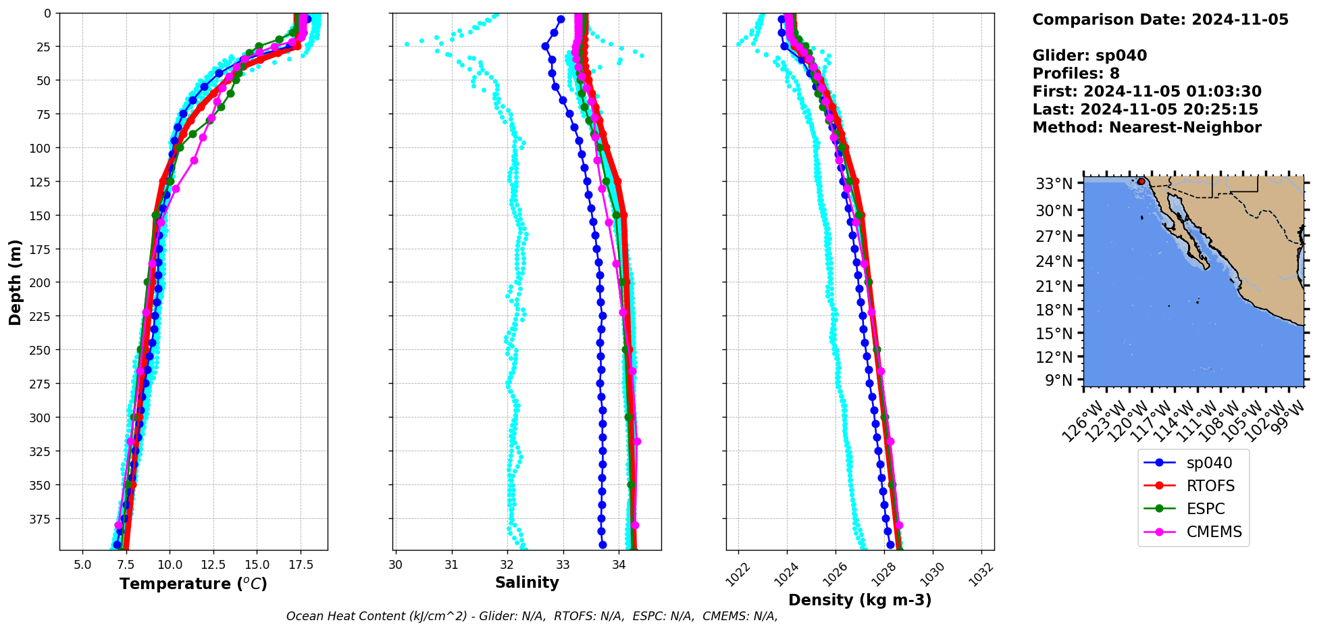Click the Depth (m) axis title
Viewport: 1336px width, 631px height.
(15, 282)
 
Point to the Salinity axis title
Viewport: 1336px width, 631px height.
(527, 582)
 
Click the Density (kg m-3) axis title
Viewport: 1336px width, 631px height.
(860, 600)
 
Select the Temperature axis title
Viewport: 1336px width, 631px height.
(193, 584)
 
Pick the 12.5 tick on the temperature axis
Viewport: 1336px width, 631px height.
(213, 565)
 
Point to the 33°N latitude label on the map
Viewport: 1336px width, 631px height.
(1054, 184)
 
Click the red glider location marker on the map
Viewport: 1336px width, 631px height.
(1141, 181)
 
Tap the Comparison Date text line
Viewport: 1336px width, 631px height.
(1160, 20)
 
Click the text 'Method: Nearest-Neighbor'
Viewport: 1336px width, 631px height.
(1147, 127)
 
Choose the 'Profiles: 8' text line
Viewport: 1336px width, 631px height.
(1076, 73)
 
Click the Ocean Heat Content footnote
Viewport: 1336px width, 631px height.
(532, 616)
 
